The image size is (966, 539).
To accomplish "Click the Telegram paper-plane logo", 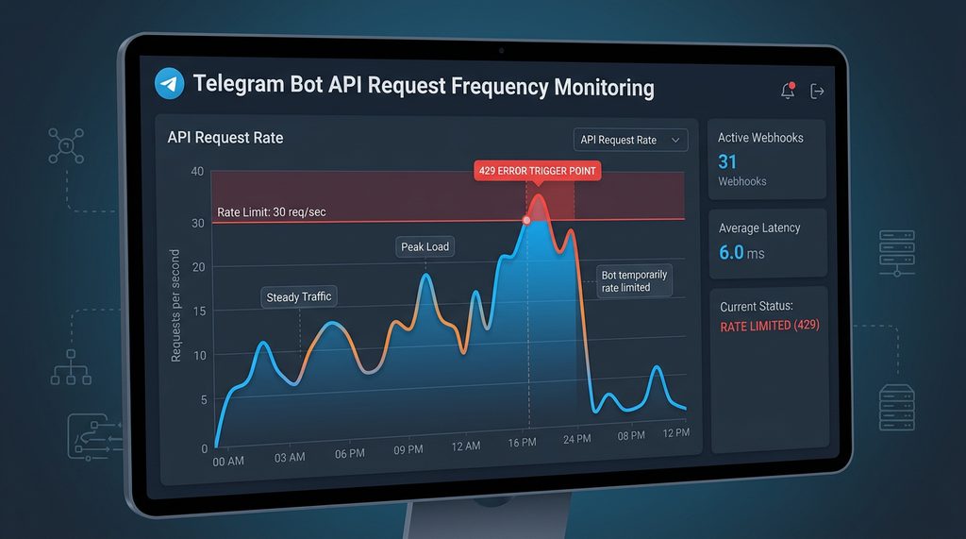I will (168, 86).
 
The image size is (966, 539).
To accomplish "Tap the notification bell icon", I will (788, 91).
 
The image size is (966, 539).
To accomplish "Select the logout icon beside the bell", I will (818, 91).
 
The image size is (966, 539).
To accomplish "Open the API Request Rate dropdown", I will (630, 140).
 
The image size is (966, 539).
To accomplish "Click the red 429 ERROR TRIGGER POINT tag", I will (538, 171).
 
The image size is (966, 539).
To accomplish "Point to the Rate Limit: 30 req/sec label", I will (272, 211).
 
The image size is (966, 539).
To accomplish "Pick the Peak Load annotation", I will (425, 247).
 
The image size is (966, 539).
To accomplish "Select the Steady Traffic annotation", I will (299, 297).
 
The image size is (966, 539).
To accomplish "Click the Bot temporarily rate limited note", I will (634, 281).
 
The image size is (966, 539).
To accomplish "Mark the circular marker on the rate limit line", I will (526, 220).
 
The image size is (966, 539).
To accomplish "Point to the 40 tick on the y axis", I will (196, 171).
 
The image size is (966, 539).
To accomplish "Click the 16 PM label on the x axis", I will (522, 442).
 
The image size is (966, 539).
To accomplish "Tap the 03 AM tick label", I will (290, 457).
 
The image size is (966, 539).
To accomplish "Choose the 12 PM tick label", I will (675, 432).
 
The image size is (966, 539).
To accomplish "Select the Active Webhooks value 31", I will (727, 161).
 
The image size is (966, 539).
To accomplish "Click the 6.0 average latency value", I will (732, 252).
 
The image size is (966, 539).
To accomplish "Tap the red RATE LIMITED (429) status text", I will (769, 326).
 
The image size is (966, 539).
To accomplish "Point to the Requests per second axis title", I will (175, 306).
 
